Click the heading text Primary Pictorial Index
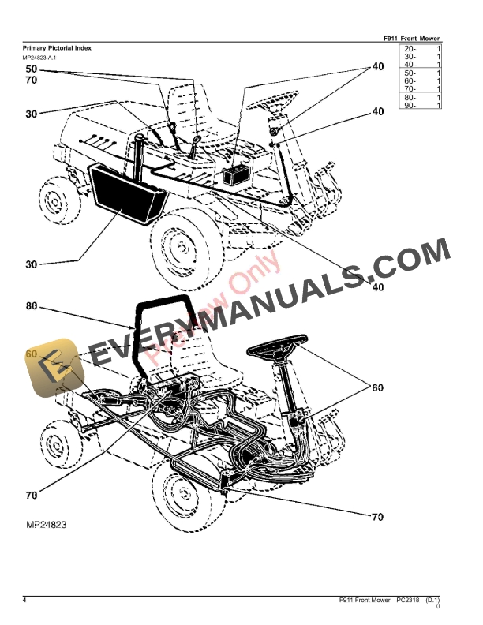56,48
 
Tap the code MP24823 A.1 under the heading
39,58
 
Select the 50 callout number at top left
31,69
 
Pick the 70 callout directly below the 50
31,80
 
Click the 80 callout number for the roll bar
31,307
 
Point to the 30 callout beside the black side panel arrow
31,264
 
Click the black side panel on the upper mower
125,193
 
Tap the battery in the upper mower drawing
238,175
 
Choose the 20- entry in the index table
410,49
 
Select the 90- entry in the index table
410,105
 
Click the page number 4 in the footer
24,601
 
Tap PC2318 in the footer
408,601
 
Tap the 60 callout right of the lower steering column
377,387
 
